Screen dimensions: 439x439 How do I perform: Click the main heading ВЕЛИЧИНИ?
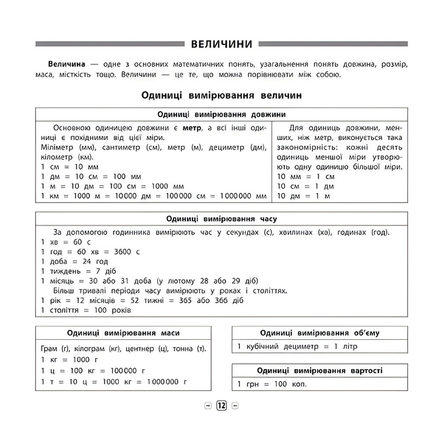[x=222, y=44]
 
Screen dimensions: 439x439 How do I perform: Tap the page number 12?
[x=222, y=405]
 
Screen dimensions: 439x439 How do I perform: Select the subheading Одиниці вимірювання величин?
[x=222, y=95]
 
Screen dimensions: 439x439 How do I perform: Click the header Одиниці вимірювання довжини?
[x=222, y=115]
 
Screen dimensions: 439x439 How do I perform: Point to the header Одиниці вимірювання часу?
[x=222, y=219]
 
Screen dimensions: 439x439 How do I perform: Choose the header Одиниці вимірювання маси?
[x=123, y=333]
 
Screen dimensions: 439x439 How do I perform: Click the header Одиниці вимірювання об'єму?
[x=320, y=333]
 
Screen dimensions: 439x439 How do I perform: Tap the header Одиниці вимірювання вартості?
[x=320, y=371]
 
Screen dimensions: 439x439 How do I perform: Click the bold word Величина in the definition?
[x=66, y=64]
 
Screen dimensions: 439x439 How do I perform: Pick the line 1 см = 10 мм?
[x=70, y=166]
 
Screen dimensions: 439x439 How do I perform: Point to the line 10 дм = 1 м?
[x=304, y=196]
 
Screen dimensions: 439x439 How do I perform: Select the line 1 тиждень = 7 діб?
[x=79, y=271]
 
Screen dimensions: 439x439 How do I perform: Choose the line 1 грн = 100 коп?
[x=272, y=384]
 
